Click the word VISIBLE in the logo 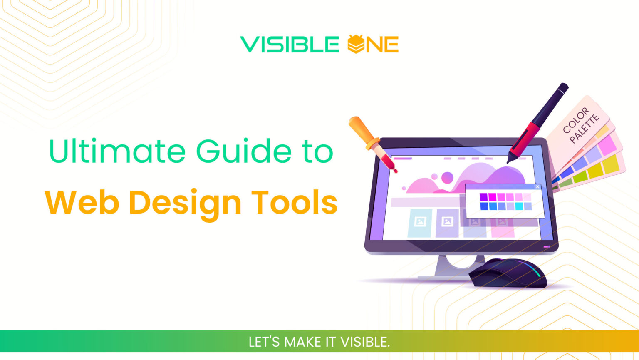tap(290, 45)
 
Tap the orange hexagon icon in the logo tap(356, 44)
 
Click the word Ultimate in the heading tap(117, 151)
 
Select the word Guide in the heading tap(244, 151)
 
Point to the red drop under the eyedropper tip tap(395, 170)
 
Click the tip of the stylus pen tap(508, 161)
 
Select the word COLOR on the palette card tap(576, 120)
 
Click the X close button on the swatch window tap(537, 187)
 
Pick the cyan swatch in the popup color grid tap(519, 206)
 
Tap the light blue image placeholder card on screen tap(420, 223)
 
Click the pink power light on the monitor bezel tap(547, 247)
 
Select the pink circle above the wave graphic tap(447, 178)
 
